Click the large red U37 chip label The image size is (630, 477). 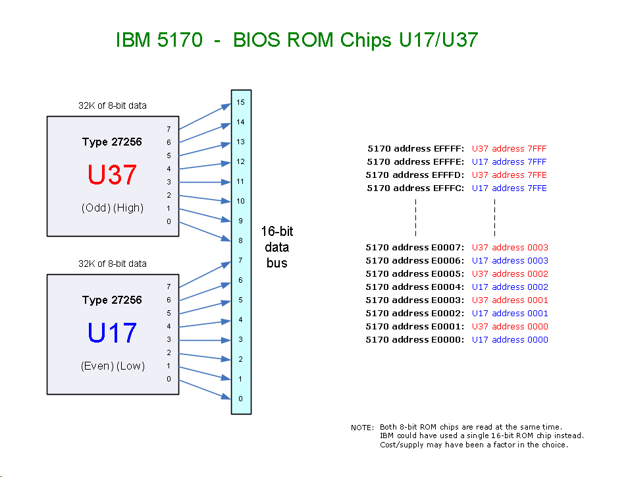(113, 175)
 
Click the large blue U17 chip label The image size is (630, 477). (113, 333)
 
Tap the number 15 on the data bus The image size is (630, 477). (241, 102)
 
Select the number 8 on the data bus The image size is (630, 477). (241, 240)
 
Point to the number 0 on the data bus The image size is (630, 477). (241, 399)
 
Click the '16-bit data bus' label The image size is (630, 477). (276, 247)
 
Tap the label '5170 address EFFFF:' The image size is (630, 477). (416, 149)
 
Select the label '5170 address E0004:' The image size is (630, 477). (415, 287)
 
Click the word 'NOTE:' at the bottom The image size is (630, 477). (363, 428)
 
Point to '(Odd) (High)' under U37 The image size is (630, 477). (113, 208)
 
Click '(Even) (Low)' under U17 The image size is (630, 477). (113, 366)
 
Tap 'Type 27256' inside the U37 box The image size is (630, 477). (112, 142)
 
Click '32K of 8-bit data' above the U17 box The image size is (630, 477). (113, 264)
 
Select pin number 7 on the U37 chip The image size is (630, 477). (169, 129)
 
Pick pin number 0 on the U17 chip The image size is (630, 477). (169, 379)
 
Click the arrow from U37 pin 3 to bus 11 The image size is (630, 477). (204, 182)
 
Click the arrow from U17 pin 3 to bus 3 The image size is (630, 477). (204, 340)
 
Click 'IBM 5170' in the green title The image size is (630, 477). (159, 41)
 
